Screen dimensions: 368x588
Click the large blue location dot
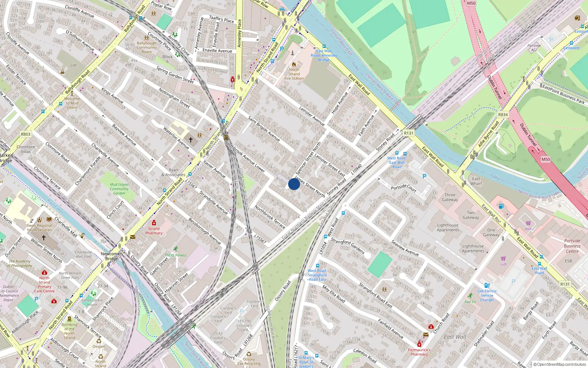[x=294, y=184]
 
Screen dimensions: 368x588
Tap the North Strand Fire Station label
[x=294, y=74]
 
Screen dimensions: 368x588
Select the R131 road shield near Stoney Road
[x=408, y=133]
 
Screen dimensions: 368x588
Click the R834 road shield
[x=503, y=115]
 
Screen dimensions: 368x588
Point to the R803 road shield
[x=26, y=134]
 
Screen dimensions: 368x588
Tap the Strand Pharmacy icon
[x=154, y=223]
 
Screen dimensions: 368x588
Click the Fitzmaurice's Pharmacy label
[x=419, y=352]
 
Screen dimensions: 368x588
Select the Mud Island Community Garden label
[x=119, y=189]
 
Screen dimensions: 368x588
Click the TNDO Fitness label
[x=175, y=255]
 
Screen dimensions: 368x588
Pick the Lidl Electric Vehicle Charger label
[x=487, y=296]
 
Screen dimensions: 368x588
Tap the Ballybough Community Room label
[x=147, y=47]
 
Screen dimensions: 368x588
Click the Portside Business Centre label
[x=572, y=246]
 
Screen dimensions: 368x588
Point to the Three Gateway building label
[x=450, y=197]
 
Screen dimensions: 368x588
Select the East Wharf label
[x=476, y=181]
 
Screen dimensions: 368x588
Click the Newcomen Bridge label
[x=112, y=256]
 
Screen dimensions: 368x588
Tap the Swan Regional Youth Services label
[x=39, y=228]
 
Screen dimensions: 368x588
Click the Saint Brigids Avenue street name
[x=264, y=129]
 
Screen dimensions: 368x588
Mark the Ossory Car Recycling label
[x=249, y=361]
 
